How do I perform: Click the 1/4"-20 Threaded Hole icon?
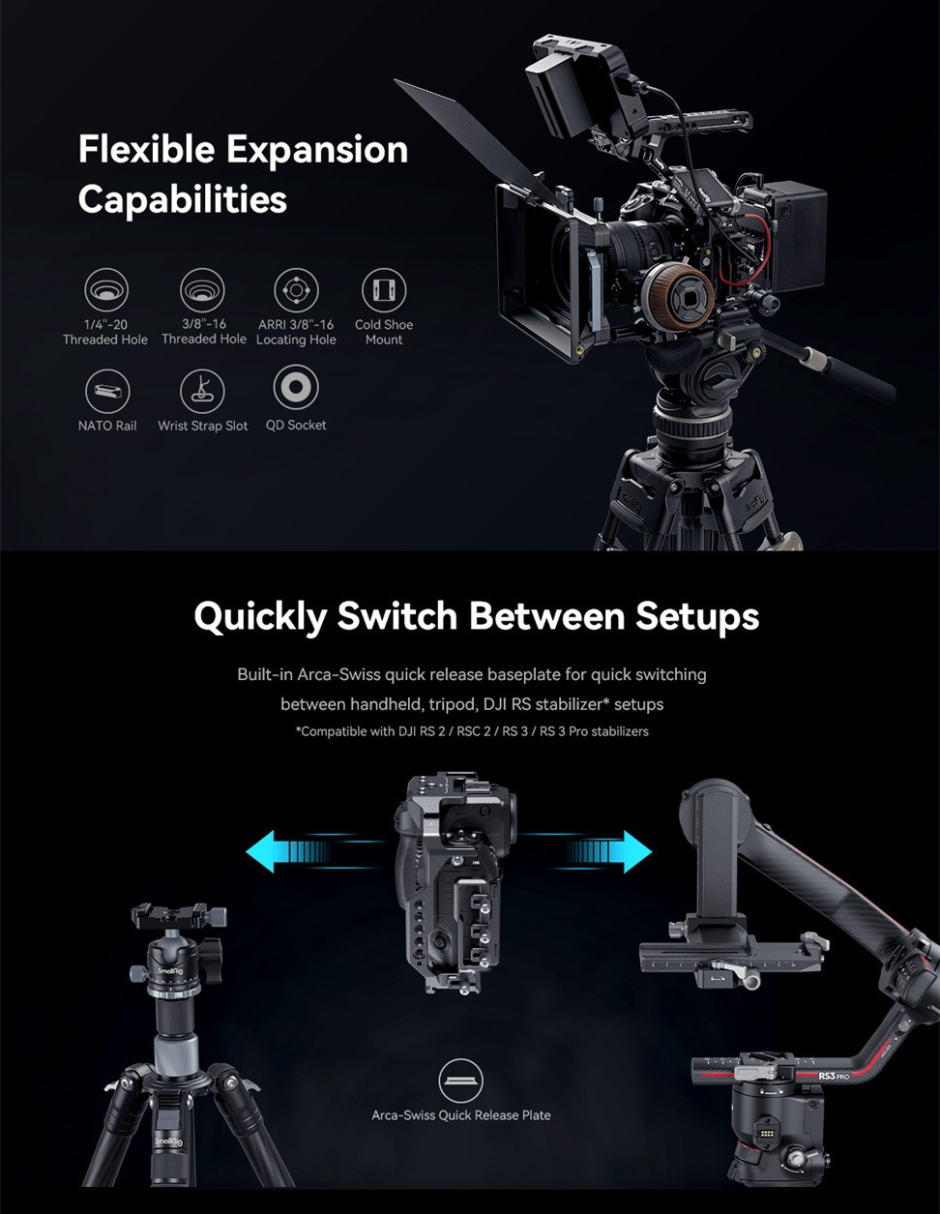pyautogui.click(x=106, y=289)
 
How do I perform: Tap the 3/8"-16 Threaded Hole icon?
pyautogui.click(x=202, y=289)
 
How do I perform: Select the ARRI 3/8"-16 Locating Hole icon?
pyautogui.click(x=296, y=290)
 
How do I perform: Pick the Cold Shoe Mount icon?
pyautogui.click(x=384, y=290)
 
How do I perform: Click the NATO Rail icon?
pyautogui.click(x=107, y=391)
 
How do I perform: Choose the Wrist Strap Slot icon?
pyautogui.click(x=202, y=391)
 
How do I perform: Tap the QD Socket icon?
pyautogui.click(x=296, y=387)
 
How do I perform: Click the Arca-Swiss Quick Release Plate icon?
pyautogui.click(x=460, y=1081)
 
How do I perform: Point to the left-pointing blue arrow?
pyautogui.click(x=315, y=851)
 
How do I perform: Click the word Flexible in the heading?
pyautogui.click(x=146, y=149)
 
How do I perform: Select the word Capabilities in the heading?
pyautogui.click(x=183, y=200)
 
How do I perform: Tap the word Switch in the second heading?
pyautogui.click(x=397, y=616)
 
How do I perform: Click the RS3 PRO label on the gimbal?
pyautogui.click(x=834, y=1076)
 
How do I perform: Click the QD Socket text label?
pyautogui.click(x=296, y=426)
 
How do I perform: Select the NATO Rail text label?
pyautogui.click(x=107, y=426)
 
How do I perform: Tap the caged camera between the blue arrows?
pyautogui.click(x=455, y=883)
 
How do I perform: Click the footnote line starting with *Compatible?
pyautogui.click(x=472, y=731)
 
